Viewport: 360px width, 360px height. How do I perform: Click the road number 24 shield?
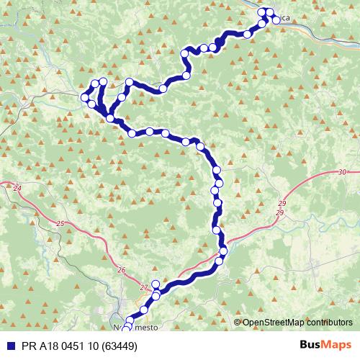pyautogui.click(x=17, y=189)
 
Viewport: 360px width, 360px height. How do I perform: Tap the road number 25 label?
pyautogui.click(x=60, y=225)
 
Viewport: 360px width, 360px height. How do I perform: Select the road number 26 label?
pyautogui.click(x=121, y=271)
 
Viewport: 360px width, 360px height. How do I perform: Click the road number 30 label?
pyautogui.click(x=341, y=172)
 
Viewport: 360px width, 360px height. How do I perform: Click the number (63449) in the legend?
pyautogui.click(x=117, y=346)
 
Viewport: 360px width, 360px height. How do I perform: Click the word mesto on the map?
pyautogui.click(x=147, y=328)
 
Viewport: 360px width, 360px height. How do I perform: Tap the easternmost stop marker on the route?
pyautogui.click(x=276, y=20)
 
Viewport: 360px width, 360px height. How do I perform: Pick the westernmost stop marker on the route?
pyautogui.click(x=86, y=96)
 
